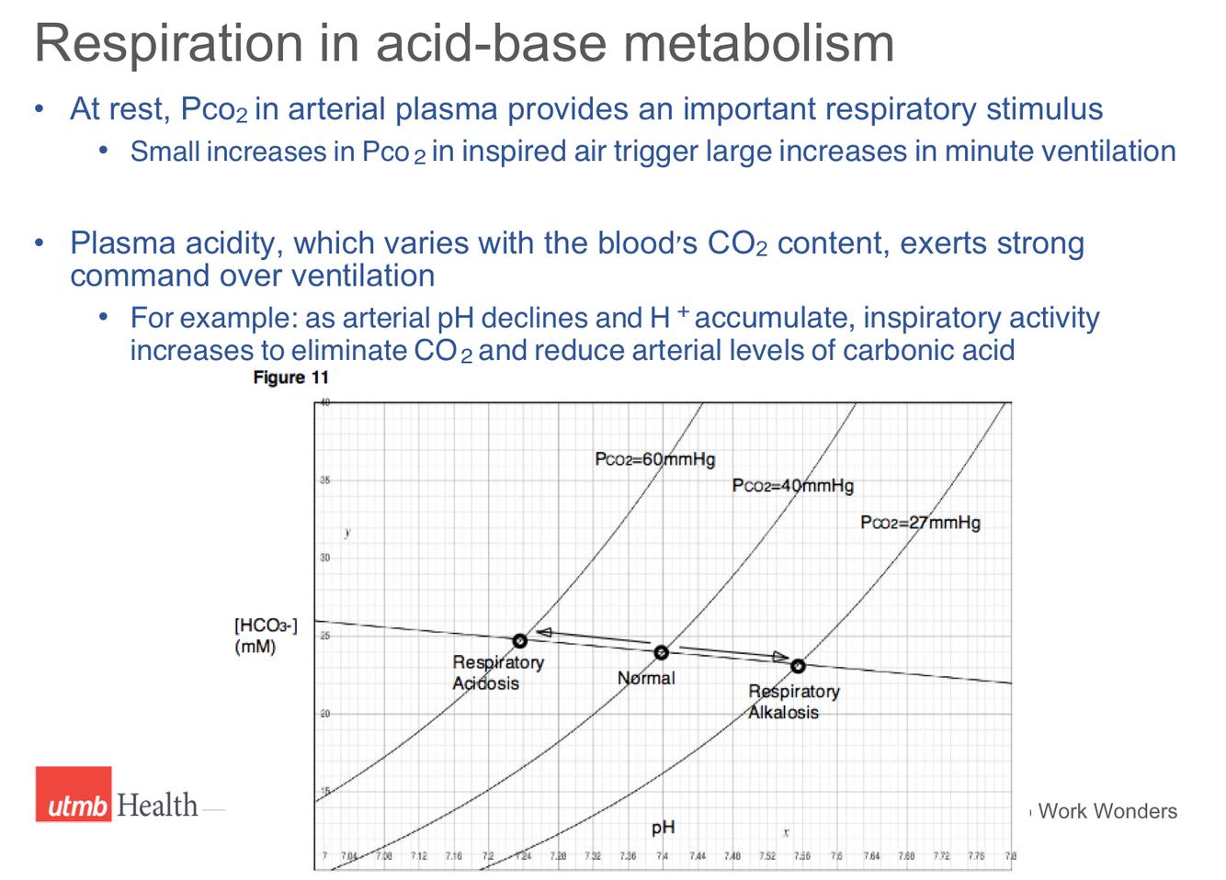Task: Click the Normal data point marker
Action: click(x=661, y=652)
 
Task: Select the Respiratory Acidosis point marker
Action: click(x=520, y=640)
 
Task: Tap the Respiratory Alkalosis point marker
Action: click(x=798, y=666)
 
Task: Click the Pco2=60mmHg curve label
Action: click(x=654, y=459)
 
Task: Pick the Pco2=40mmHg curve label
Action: click(x=792, y=486)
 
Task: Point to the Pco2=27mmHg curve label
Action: click(x=920, y=523)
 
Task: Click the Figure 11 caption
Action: click(x=290, y=378)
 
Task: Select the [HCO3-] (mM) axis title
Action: click(x=265, y=636)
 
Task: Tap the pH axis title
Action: click(x=663, y=828)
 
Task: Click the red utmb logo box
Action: click(x=74, y=795)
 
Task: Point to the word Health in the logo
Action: click(x=157, y=806)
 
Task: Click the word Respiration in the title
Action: click(x=168, y=43)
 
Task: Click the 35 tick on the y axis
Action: click(x=324, y=480)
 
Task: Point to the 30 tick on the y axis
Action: click(x=324, y=558)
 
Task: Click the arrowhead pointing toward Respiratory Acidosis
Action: click(x=543, y=632)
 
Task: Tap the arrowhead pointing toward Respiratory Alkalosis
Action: click(x=780, y=657)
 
